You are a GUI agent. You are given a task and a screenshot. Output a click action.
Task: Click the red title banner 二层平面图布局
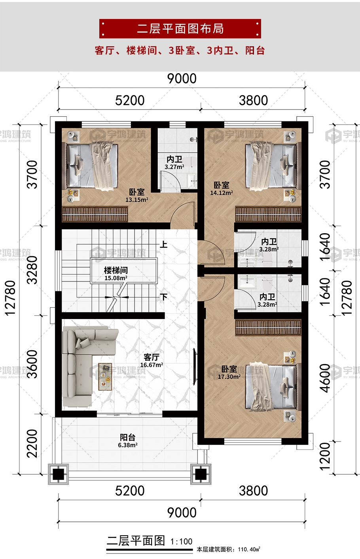coord(180,29)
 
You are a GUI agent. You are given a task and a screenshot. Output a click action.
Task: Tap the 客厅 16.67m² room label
coord(152,361)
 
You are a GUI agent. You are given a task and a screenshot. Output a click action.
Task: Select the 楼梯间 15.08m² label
coord(116,274)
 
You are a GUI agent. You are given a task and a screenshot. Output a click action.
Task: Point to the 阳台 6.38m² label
coord(127,441)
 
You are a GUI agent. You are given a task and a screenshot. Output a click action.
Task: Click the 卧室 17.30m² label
coord(229,372)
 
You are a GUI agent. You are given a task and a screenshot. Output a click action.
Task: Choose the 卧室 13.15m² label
coord(137,195)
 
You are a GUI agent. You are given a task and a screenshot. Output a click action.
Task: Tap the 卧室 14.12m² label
coord(222,189)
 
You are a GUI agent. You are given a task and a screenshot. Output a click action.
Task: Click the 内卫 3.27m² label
coord(174,163)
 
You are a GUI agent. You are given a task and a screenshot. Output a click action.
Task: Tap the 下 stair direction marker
coord(163,297)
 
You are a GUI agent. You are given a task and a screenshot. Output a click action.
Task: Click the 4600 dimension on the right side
coord(325,378)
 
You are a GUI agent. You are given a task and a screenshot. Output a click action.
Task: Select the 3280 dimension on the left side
coord(32,270)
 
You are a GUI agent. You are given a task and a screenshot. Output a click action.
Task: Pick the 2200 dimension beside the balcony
coord(32,444)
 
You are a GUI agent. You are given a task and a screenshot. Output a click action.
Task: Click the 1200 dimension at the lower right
coord(325,457)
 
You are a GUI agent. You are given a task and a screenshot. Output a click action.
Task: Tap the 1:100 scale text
coord(181,542)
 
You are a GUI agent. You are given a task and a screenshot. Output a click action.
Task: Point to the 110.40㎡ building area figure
coord(249,549)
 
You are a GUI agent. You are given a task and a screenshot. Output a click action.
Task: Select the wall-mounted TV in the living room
coord(195,366)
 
